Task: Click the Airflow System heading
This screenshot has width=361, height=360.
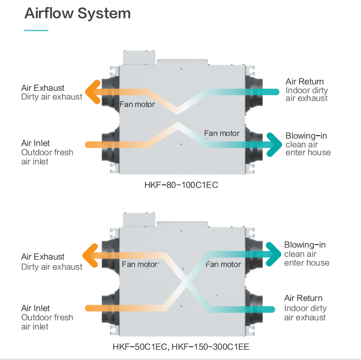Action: coord(77,13)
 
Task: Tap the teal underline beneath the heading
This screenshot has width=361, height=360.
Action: coord(36,30)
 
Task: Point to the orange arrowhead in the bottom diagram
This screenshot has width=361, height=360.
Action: coord(89,254)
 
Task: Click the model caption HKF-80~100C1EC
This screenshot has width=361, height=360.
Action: coord(181,185)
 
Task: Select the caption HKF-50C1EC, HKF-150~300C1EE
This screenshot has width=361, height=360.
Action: coord(181,346)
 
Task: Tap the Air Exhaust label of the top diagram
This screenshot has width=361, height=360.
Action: coord(43,88)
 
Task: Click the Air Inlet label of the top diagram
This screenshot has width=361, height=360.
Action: coord(35,143)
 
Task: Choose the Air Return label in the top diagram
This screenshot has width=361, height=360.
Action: coord(304,82)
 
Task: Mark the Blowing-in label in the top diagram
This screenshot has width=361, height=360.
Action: coord(306,136)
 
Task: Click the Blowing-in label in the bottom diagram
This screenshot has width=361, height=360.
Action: coord(305,245)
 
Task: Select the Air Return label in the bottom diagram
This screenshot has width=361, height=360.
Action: coord(303,298)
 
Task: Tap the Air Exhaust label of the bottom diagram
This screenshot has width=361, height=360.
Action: coord(43,257)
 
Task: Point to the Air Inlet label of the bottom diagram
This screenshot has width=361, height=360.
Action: coord(35,308)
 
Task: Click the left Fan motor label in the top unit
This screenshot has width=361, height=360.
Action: coord(137,104)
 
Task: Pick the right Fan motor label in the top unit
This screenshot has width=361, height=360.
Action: coord(222,133)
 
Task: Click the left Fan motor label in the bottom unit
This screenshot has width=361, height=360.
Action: coord(139,264)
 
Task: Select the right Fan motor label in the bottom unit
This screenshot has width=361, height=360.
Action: coord(223,264)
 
